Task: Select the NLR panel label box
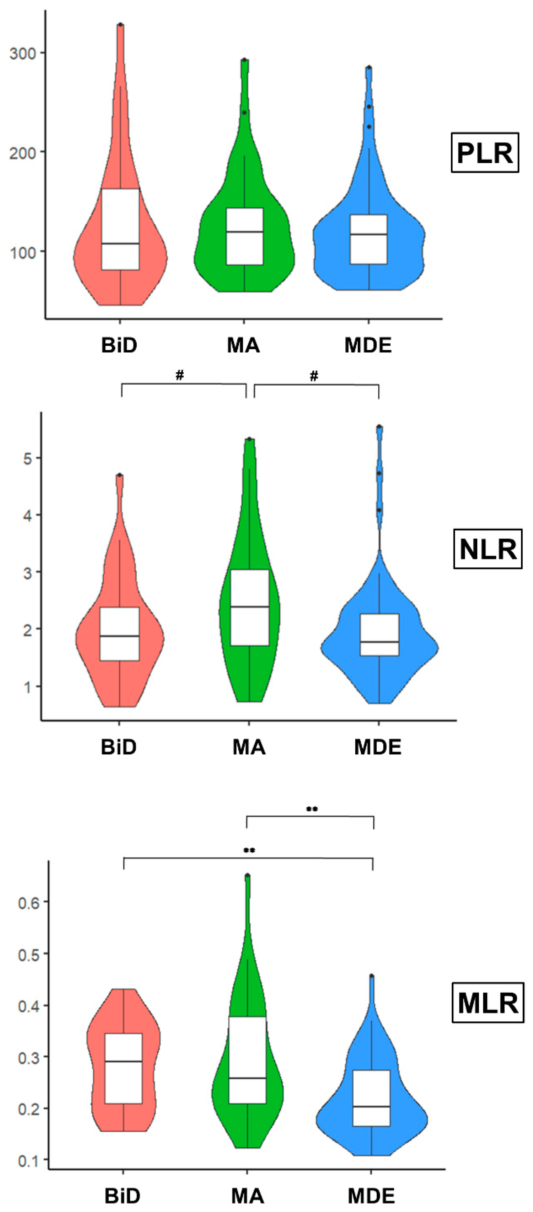click(x=487, y=549)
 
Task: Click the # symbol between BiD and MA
click(x=179, y=375)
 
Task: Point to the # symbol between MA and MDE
click(x=314, y=375)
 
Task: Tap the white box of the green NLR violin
click(x=249, y=607)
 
